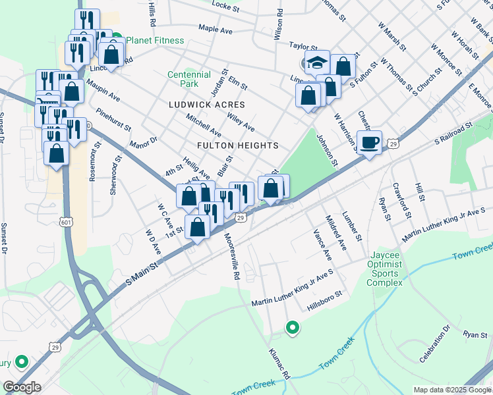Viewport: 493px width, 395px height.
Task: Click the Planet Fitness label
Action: tap(155, 40)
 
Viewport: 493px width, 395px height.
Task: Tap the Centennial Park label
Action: tap(189, 79)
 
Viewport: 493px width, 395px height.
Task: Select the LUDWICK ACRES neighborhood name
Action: tap(206, 105)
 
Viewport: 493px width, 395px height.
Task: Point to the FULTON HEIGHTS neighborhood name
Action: tap(237, 145)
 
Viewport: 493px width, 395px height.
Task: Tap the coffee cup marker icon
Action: tap(370, 142)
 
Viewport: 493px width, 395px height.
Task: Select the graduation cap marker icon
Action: tap(317, 63)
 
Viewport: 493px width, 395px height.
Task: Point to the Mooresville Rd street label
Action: tap(231, 257)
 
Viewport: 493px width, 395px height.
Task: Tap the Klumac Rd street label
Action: tap(280, 364)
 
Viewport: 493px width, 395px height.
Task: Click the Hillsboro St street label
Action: tap(325, 302)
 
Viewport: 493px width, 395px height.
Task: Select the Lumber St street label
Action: tap(353, 225)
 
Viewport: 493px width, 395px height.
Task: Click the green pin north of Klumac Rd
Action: tap(291, 327)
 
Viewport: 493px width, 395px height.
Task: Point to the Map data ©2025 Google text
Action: tap(451, 390)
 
